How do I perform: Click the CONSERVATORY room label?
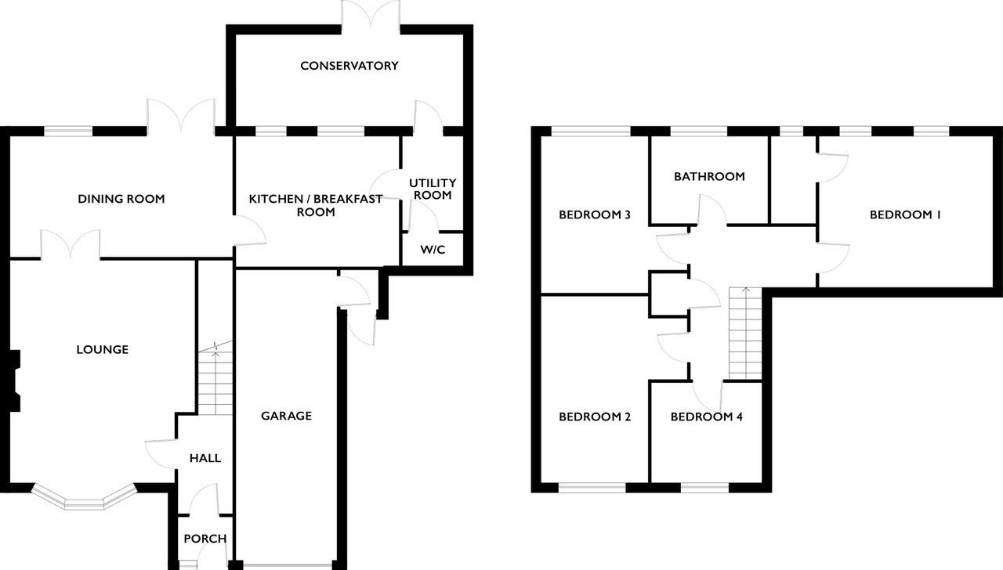pos(349,66)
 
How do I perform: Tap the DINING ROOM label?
pos(121,199)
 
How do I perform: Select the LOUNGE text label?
pos(103,349)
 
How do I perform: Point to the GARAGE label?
pos(287,416)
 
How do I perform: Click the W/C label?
pos(433,250)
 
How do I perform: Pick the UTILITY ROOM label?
pos(433,189)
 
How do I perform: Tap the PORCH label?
pos(205,539)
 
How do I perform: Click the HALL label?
pos(205,458)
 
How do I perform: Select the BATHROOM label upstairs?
pos(709,177)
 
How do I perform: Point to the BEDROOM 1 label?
pos(905,215)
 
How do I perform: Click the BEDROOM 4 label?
pos(707,417)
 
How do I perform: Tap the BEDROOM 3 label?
pos(595,215)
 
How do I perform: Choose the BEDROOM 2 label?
pos(595,417)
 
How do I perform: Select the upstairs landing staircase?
pos(745,334)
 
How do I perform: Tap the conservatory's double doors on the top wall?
pos(371,16)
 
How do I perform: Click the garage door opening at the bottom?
pos(288,565)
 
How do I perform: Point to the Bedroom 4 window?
pos(704,488)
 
